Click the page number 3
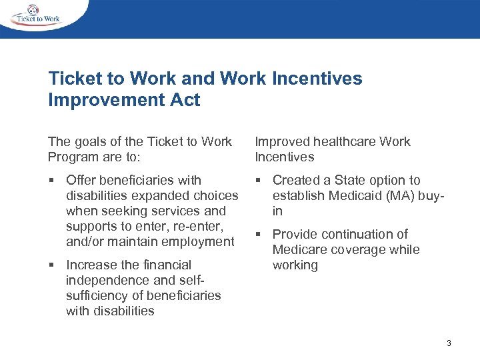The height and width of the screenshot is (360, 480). pyautogui.click(x=449, y=343)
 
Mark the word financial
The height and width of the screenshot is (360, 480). pyautogui.click(x=161, y=265)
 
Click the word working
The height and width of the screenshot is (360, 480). pyautogui.click(x=295, y=265)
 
